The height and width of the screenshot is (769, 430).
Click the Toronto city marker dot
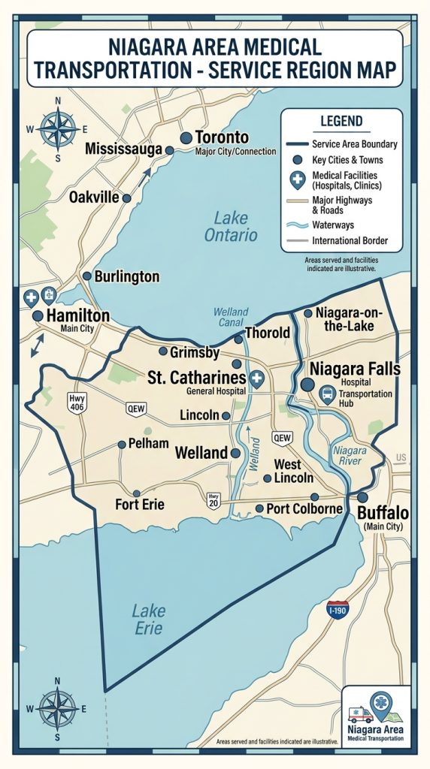coord(186,137)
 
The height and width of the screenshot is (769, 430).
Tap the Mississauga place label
coord(124,149)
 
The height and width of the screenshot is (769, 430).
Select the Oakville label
coord(94,198)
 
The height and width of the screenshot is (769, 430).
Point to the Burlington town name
coord(126,276)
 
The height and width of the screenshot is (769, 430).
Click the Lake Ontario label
coord(231,227)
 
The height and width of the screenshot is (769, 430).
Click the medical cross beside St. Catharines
coord(256,378)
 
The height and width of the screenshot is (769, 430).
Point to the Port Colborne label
coord(304,508)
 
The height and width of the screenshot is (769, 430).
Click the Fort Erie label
coord(140,504)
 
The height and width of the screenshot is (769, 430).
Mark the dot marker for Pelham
coord(122,444)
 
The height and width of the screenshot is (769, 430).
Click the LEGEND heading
coord(341,121)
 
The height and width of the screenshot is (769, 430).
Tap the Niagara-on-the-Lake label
coord(353,319)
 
